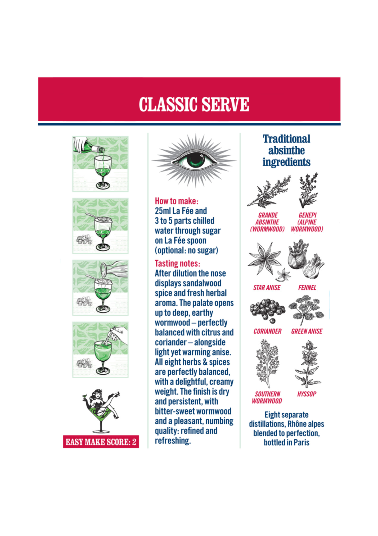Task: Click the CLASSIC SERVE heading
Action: [194, 104]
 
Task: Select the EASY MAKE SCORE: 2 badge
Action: [101, 442]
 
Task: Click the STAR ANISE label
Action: [267, 288]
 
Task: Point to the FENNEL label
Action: [307, 288]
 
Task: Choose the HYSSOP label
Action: [307, 394]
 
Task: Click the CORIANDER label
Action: [267, 331]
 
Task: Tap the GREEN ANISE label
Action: [307, 331]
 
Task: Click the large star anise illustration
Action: [265, 258]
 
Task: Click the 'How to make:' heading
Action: [177, 201]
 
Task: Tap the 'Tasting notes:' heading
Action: [177, 264]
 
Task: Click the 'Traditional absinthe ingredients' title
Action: [286, 151]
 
